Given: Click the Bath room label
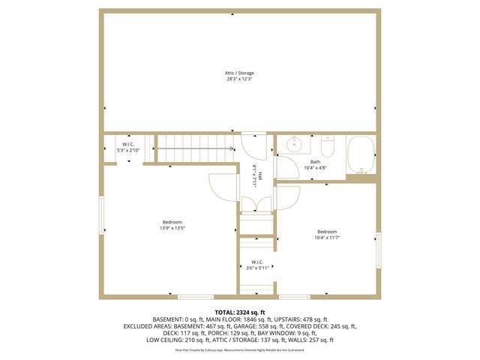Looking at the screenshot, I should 315,162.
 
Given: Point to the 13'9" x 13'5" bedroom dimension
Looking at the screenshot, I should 172,228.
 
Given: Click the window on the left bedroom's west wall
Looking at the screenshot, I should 101,214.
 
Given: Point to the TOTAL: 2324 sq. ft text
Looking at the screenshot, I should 239,312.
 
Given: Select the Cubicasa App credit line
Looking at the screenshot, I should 239,349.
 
